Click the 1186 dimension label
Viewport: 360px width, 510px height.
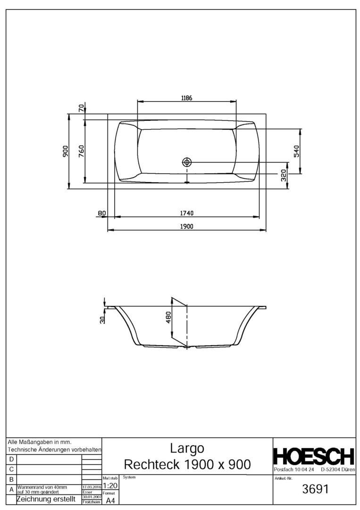[187, 98]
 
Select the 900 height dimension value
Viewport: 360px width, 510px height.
[65, 151]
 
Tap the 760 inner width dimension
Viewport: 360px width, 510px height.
[81, 151]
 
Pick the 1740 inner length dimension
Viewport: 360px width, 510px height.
[187, 213]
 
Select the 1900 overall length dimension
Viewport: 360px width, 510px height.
[187, 227]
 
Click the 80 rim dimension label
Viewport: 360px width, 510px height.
[102, 213]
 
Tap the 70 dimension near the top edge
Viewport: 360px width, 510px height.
[81, 108]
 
